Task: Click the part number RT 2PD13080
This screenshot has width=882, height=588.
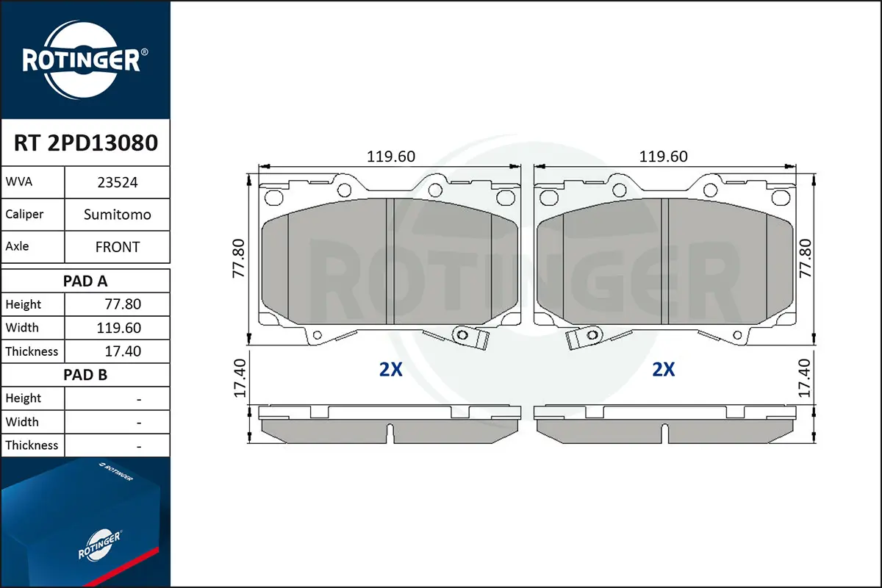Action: tap(86, 143)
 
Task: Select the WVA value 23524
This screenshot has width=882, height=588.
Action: tap(118, 182)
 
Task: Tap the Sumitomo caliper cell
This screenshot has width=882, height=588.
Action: tap(118, 215)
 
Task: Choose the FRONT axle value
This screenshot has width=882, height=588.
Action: tap(118, 247)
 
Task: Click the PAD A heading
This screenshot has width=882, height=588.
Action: tap(85, 282)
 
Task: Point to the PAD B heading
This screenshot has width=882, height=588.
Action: tap(85, 375)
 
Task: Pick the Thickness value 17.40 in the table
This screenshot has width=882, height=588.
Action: tap(123, 351)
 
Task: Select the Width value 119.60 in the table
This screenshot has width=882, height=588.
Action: tap(118, 328)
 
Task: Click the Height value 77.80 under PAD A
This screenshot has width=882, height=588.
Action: tap(123, 304)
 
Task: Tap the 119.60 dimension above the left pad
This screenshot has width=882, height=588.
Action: tap(390, 157)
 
